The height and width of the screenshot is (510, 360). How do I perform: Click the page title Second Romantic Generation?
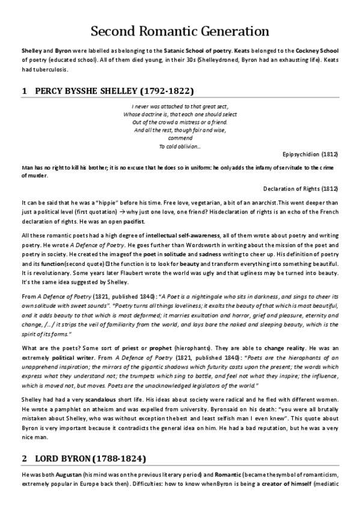[180, 31]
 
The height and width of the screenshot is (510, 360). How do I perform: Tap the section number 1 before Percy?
[24, 91]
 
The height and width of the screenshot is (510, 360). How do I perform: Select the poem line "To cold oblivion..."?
[180, 146]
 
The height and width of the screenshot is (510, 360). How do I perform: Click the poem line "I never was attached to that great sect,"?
[180, 106]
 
